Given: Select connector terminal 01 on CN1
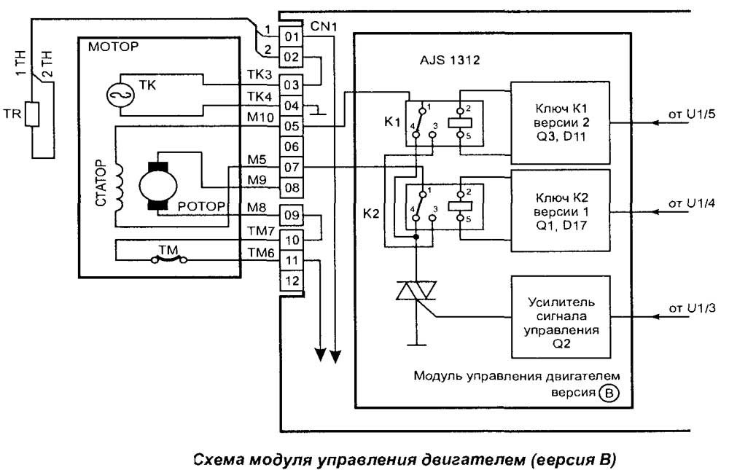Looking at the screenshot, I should click(292, 36).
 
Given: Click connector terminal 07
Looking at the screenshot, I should click(292, 168).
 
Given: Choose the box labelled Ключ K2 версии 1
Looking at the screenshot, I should click(559, 211).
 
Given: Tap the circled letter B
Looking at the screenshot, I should click(607, 394).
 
